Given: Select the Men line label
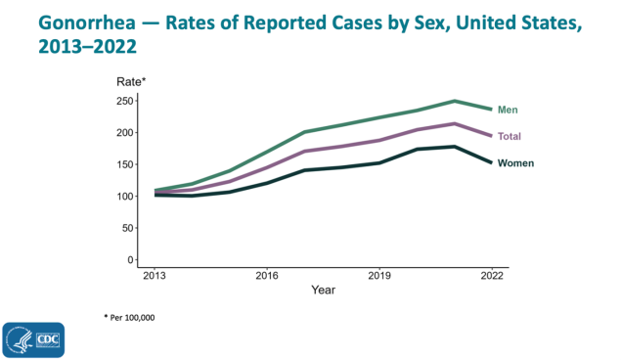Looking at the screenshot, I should (508, 110).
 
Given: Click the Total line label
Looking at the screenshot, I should (510, 136).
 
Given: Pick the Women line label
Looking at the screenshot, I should (515, 163).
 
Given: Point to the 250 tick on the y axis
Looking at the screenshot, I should (124, 101).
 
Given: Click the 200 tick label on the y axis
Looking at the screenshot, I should (124, 133).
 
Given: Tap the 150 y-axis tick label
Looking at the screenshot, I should (124, 164).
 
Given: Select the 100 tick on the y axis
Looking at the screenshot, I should (124, 197).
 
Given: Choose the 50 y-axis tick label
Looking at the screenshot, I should (127, 228).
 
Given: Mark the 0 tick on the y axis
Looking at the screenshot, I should (130, 260).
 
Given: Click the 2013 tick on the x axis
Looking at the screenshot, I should (154, 277).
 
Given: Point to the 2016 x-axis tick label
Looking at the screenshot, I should (266, 277).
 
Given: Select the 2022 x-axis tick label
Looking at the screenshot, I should (492, 277).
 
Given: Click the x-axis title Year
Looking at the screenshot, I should (323, 291).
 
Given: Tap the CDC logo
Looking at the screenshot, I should (33, 339).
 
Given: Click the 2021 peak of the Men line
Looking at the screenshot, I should (455, 101).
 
